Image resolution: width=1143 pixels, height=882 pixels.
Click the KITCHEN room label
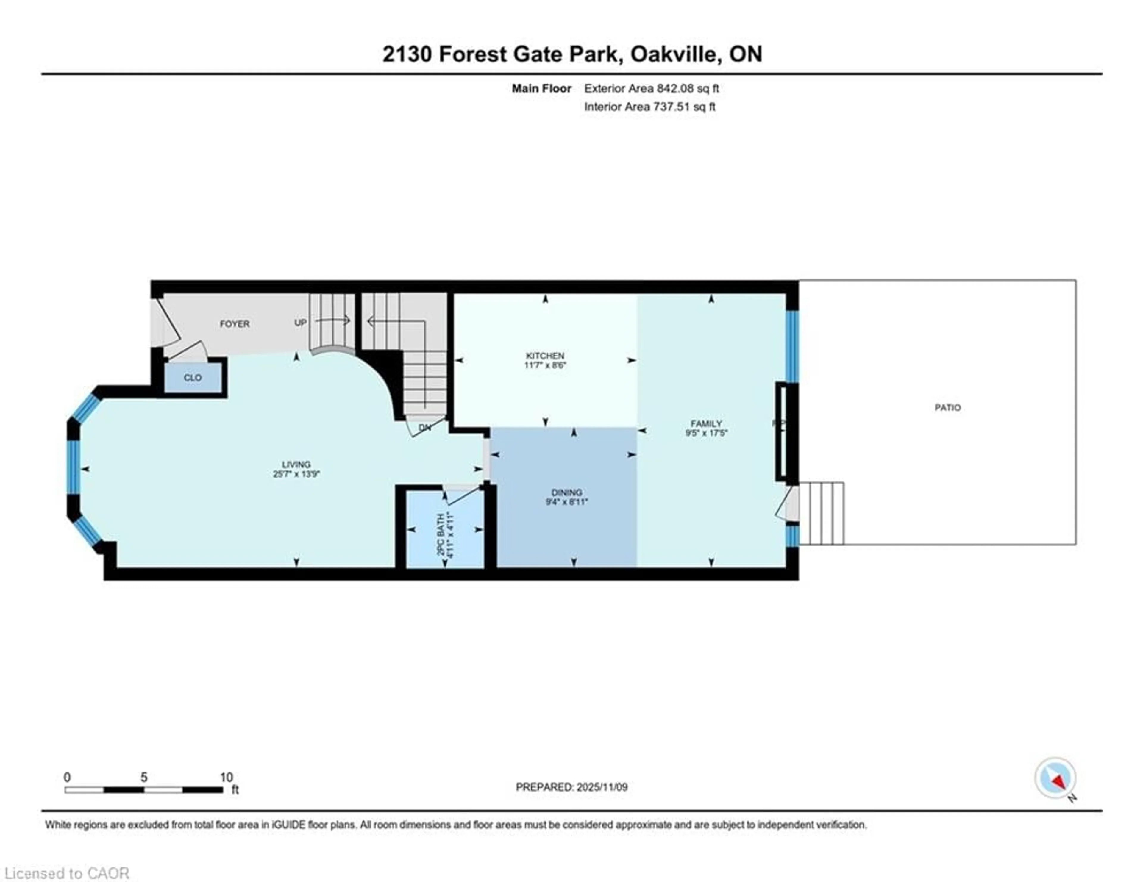coord(545,356)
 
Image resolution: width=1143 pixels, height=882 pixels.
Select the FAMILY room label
coord(706,423)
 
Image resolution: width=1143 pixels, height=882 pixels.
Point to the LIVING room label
coord(296,464)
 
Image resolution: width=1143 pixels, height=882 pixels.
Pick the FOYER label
coord(235,324)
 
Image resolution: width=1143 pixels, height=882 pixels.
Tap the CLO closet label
coord(193,378)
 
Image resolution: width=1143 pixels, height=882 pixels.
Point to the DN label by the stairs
coord(424,427)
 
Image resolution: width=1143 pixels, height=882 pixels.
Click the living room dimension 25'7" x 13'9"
coord(296,474)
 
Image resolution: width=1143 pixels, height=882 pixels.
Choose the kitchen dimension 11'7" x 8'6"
coord(545,365)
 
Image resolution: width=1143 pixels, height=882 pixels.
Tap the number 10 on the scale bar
coord(226,777)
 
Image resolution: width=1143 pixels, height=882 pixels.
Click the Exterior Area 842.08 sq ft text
coord(651,88)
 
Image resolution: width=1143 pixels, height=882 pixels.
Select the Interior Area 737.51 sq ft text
coord(649,107)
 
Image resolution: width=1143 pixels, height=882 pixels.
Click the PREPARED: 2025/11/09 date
coord(571,787)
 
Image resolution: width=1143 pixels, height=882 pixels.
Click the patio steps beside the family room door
coord(821,513)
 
